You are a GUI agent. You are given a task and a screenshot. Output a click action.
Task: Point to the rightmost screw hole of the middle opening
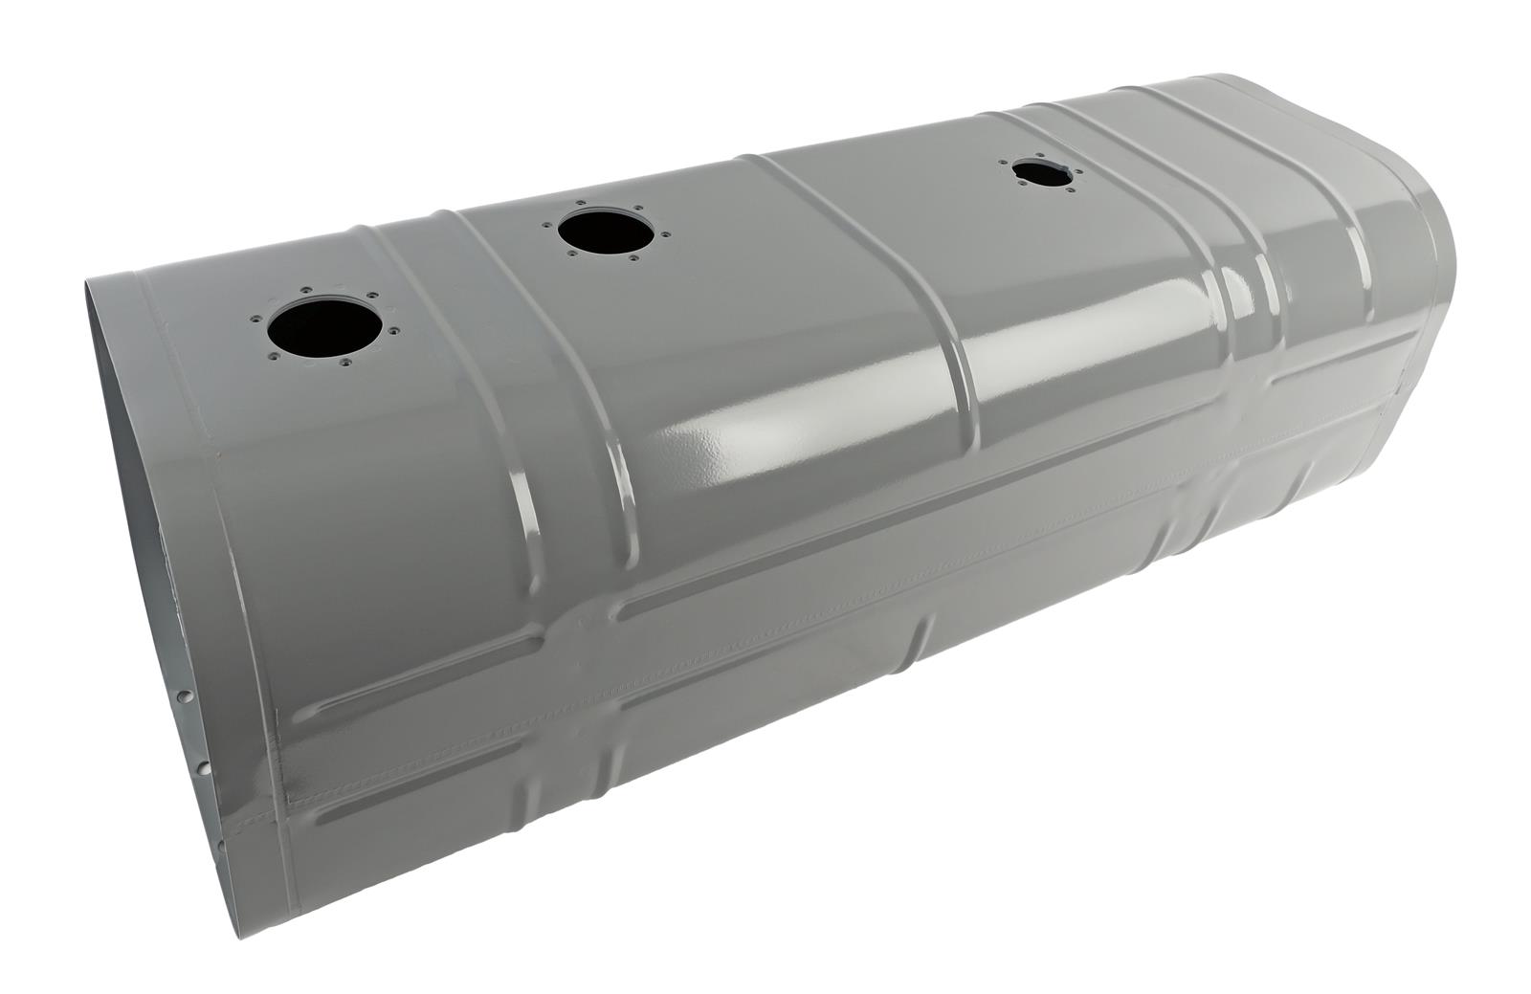(666, 234)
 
